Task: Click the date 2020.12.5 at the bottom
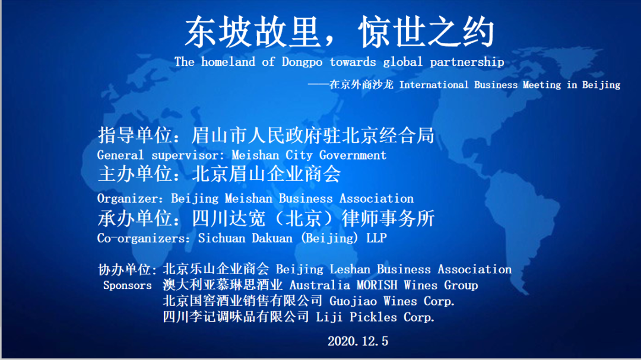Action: point(358,341)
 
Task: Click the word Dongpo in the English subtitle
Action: point(302,62)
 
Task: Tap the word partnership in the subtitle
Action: point(467,62)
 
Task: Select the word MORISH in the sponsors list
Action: point(377,285)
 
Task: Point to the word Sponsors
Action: point(127,285)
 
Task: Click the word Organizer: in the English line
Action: point(130,199)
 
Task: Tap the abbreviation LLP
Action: point(376,238)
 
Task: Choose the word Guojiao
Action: point(353,301)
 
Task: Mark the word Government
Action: point(353,155)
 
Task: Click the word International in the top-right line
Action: point(434,85)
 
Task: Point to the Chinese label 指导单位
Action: point(135,135)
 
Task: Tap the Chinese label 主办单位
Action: point(135,174)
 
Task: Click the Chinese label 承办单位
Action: point(135,218)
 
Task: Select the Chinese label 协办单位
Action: point(125,269)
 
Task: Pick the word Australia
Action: point(320,285)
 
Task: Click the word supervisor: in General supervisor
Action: point(189,155)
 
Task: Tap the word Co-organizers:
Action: point(144,238)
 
